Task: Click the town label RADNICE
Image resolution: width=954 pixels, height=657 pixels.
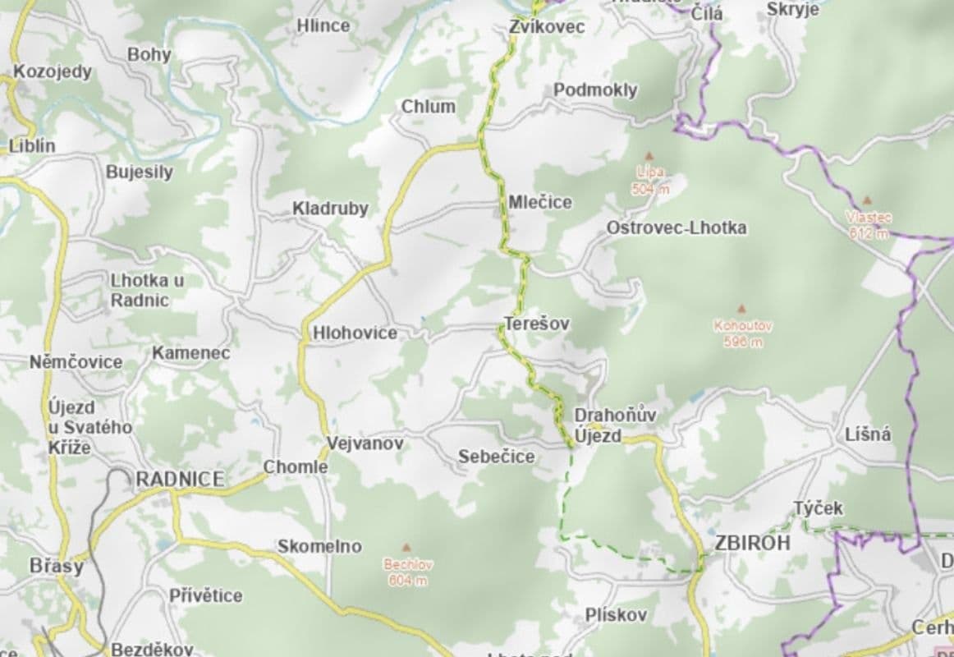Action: pyautogui.click(x=179, y=480)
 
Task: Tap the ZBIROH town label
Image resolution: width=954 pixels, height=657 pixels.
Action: pyautogui.click(x=752, y=543)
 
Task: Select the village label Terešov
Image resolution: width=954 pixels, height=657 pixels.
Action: pyautogui.click(x=537, y=324)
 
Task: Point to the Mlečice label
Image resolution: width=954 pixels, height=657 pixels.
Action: pyautogui.click(x=539, y=202)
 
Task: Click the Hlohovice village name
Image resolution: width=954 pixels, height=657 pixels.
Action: pyautogui.click(x=355, y=333)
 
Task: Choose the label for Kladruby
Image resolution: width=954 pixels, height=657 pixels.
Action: pyautogui.click(x=330, y=209)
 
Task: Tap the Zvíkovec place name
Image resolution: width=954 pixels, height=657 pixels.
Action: pyautogui.click(x=546, y=27)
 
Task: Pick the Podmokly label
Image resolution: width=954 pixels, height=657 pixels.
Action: pyautogui.click(x=595, y=90)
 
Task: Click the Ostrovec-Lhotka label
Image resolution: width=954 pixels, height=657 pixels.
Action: pyautogui.click(x=677, y=227)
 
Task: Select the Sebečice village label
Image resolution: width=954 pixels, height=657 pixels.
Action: pyautogui.click(x=496, y=457)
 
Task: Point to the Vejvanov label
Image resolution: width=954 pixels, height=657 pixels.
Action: pyautogui.click(x=365, y=443)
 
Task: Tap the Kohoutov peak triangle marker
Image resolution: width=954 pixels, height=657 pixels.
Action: pyautogui.click(x=742, y=309)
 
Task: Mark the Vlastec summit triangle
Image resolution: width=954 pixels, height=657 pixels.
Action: pyautogui.click(x=867, y=200)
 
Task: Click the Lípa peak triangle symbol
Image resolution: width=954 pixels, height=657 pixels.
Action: pyautogui.click(x=649, y=155)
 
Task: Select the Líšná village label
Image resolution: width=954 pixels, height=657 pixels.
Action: pyautogui.click(x=868, y=435)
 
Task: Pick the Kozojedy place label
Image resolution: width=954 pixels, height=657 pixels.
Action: pyautogui.click(x=53, y=71)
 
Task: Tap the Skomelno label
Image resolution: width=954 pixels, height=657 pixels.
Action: pyautogui.click(x=319, y=546)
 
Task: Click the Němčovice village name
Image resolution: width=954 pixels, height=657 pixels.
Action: pyautogui.click(x=76, y=362)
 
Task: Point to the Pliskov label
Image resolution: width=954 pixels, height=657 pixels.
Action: pyautogui.click(x=616, y=614)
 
